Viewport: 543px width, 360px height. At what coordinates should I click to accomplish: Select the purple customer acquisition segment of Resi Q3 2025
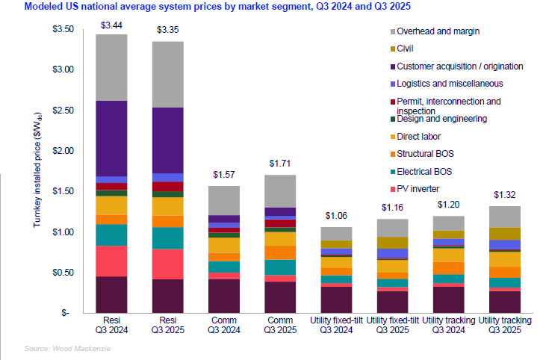[167, 140]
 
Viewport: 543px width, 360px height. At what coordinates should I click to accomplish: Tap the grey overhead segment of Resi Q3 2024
[111, 67]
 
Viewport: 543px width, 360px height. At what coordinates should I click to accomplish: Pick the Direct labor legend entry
[423, 136]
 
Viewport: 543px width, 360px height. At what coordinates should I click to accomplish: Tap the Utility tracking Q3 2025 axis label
[505, 326]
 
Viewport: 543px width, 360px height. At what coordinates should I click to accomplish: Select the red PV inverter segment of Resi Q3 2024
[111, 261]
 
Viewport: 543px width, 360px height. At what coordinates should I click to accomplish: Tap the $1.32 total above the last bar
[506, 195]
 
